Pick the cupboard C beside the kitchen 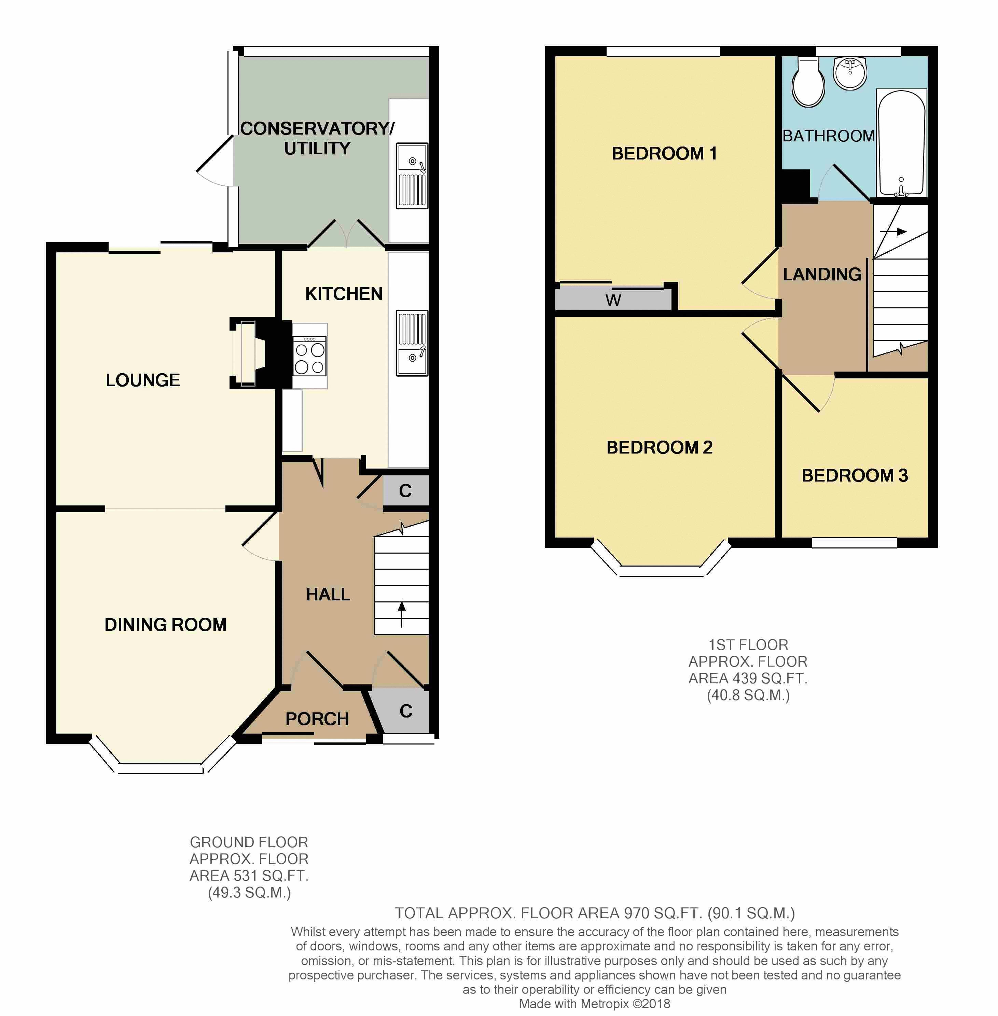coord(406,491)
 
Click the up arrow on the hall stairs coord(402,614)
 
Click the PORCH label coord(317,719)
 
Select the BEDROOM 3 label coord(855,475)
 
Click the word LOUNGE coord(143,380)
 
